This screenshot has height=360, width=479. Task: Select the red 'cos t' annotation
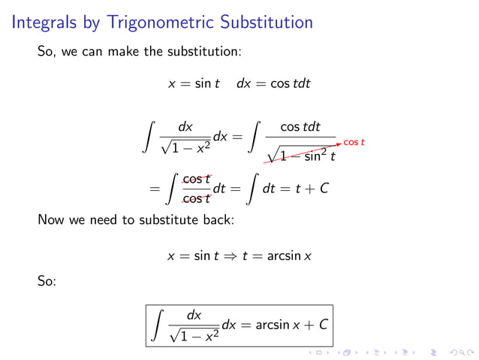click(x=354, y=142)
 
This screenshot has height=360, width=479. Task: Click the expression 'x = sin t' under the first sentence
click(x=194, y=84)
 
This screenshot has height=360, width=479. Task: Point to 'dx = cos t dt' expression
click(x=273, y=84)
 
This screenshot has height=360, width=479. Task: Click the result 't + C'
click(x=312, y=188)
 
